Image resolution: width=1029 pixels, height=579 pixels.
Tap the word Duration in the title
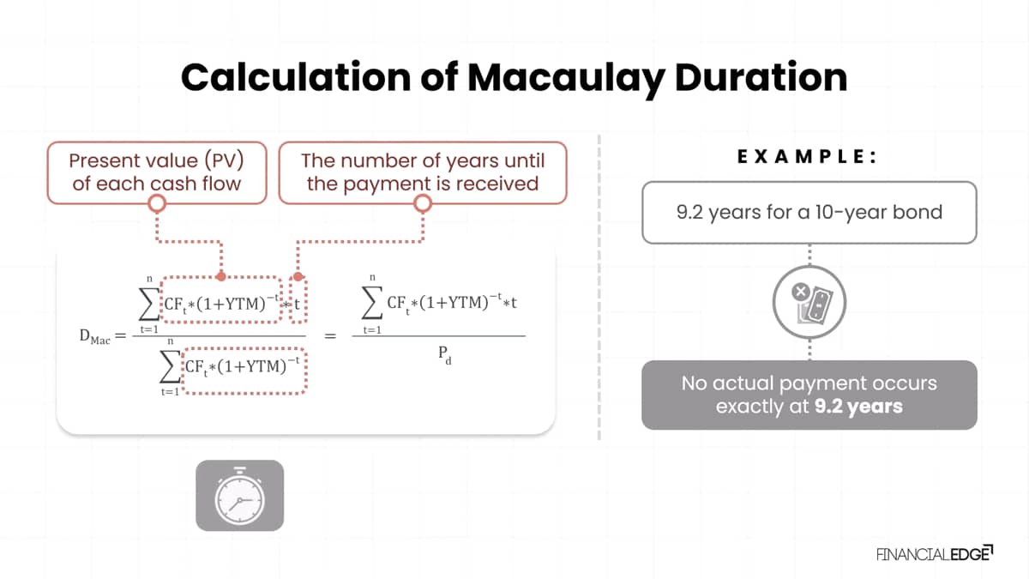(761, 76)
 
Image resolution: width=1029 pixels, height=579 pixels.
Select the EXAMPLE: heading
(807, 157)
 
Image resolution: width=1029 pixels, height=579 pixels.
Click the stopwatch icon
(239, 496)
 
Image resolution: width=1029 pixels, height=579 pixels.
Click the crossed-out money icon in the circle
(809, 302)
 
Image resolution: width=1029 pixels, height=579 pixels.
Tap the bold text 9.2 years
(858, 407)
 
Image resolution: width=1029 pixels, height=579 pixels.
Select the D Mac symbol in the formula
(94, 337)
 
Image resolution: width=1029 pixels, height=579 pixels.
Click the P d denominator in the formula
(445, 355)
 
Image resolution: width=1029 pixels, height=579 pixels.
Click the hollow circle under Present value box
(157, 203)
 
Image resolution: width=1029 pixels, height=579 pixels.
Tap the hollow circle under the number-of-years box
(423, 203)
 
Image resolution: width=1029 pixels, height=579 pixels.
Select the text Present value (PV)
(156, 161)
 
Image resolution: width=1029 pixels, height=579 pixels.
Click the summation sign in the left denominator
(170, 369)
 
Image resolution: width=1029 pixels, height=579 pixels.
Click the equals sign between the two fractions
(330, 336)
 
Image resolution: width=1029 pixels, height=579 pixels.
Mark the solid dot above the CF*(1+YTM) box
(221, 276)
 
